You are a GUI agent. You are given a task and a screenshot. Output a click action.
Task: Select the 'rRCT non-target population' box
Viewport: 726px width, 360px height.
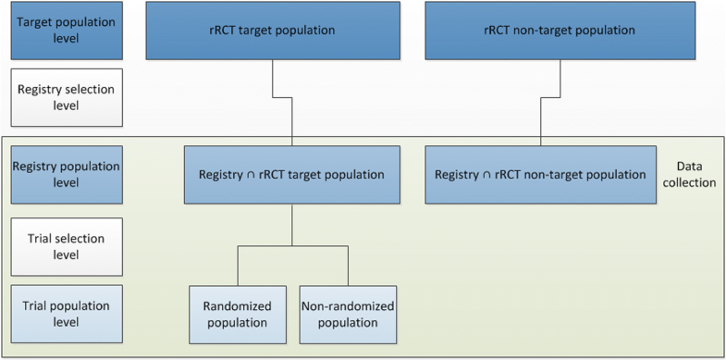[559, 31]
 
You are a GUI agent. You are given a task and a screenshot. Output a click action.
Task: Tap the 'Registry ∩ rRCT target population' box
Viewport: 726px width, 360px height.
[292, 174]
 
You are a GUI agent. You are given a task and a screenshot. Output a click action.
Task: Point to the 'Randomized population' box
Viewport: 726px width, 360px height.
[237, 314]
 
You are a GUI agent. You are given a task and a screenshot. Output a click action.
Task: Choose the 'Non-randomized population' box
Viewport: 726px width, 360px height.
[347, 314]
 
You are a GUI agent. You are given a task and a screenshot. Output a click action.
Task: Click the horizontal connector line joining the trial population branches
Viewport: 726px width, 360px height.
[292, 247]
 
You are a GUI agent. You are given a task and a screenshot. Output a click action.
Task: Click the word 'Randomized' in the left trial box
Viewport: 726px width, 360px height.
[237, 306]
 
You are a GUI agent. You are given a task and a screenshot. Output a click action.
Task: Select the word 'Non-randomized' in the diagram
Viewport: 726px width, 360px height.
[347, 306]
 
